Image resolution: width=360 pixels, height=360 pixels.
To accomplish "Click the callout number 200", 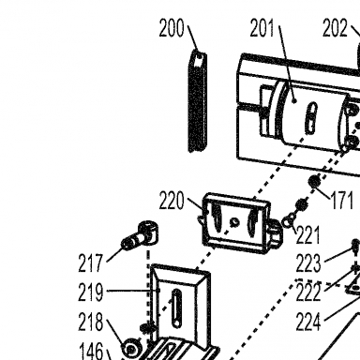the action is [x=172, y=28].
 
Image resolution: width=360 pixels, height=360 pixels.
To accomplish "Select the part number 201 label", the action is [x=262, y=28].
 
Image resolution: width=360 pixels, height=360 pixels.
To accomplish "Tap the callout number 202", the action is [x=335, y=28].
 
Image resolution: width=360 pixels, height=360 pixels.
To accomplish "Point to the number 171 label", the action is [x=342, y=201].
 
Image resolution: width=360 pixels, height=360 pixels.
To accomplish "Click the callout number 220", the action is [x=172, y=201].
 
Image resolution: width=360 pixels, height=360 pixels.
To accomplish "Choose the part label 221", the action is [x=307, y=235].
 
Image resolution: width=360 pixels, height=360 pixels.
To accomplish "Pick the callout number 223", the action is [x=308, y=262].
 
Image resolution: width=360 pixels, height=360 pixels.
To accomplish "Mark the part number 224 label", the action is [x=308, y=322].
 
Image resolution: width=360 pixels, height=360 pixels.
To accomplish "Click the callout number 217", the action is [x=90, y=262].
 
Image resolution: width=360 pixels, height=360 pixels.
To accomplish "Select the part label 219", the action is [x=90, y=292].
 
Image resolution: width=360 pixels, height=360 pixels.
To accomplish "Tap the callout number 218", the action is [x=90, y=322].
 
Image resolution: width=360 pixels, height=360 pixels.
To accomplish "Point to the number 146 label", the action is [x=91, y=351].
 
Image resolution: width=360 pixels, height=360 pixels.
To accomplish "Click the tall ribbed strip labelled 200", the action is [x=198, y=101].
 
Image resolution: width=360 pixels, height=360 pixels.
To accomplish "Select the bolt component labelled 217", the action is [x=140, y=237].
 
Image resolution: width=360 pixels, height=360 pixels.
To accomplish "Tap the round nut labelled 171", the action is [x=314, y=181].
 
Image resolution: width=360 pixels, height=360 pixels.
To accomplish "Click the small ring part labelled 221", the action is [x=288, y=221].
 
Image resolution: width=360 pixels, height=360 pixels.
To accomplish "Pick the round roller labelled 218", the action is [x=131, y=348].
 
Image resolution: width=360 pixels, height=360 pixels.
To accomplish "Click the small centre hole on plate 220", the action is [x=234, y=222].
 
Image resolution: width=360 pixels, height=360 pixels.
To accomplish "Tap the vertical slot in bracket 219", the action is [x=176, y=308].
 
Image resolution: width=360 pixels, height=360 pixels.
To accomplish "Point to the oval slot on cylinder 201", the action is [x=311, y=118].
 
